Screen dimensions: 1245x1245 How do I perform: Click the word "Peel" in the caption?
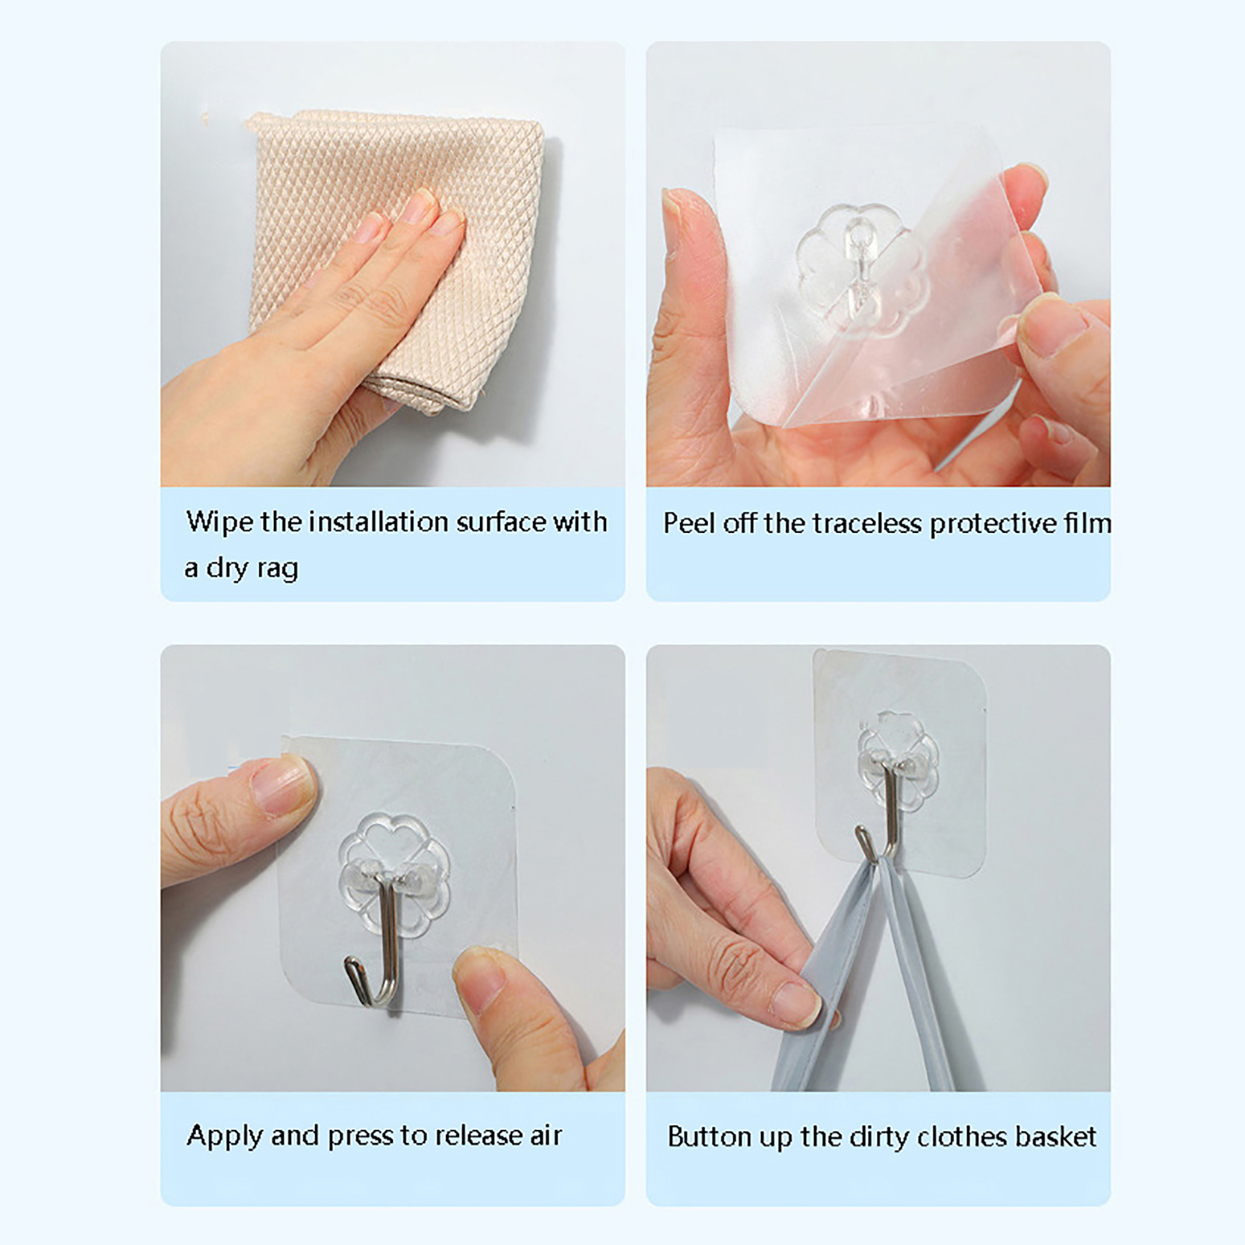coord(689,524)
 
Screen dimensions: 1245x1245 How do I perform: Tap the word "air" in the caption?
coord(545,1136)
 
